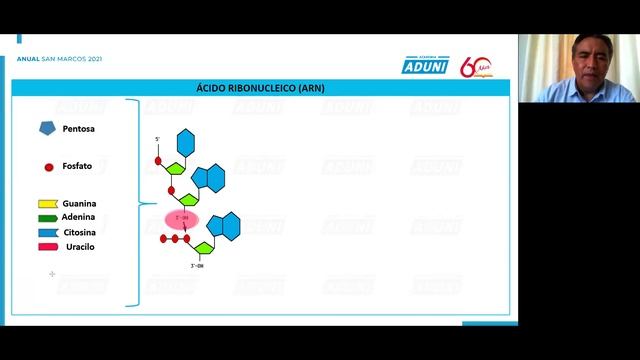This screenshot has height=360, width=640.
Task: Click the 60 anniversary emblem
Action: (x=475, y=67)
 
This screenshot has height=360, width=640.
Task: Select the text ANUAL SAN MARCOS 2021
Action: (x=60, y=58)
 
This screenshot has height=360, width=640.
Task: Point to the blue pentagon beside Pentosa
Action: (x=48, y=129)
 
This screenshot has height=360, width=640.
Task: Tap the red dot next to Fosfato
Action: (x=48, y=167)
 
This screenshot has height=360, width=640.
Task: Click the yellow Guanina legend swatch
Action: (x=48, y=204)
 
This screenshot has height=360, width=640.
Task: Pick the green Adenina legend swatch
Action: (x=48, y=218)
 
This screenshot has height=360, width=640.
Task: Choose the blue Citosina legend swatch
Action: (x=48, y=232)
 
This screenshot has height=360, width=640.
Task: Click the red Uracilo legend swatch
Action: (x=48, y=246)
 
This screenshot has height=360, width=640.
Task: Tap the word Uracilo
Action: (x=80, y=246)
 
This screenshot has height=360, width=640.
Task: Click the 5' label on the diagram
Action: (x=157, y=139)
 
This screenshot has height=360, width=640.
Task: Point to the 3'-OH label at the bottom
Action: (x=197, y=266)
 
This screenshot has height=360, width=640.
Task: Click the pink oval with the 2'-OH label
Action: (x=182, y=219)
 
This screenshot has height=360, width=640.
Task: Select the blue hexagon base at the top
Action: (x=186, y=142)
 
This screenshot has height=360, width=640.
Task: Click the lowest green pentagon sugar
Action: (x=203, y=247)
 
